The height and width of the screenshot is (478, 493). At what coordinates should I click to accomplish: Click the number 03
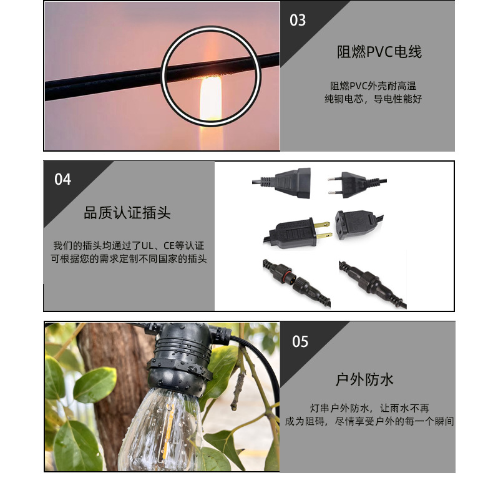pos(298,20)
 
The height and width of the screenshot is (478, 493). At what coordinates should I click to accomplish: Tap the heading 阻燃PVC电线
pos(379,52)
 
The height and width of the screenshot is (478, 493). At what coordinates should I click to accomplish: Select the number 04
pos(63,180)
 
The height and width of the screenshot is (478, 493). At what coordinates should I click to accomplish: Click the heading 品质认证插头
pos(127,213)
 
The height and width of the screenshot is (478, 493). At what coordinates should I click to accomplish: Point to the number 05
pos(300,341)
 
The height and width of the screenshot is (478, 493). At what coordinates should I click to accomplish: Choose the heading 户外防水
pos(364,379)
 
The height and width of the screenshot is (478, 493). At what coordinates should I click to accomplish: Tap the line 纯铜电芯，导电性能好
pos(373,99)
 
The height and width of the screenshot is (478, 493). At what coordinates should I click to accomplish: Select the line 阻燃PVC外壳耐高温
pos(373,85)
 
